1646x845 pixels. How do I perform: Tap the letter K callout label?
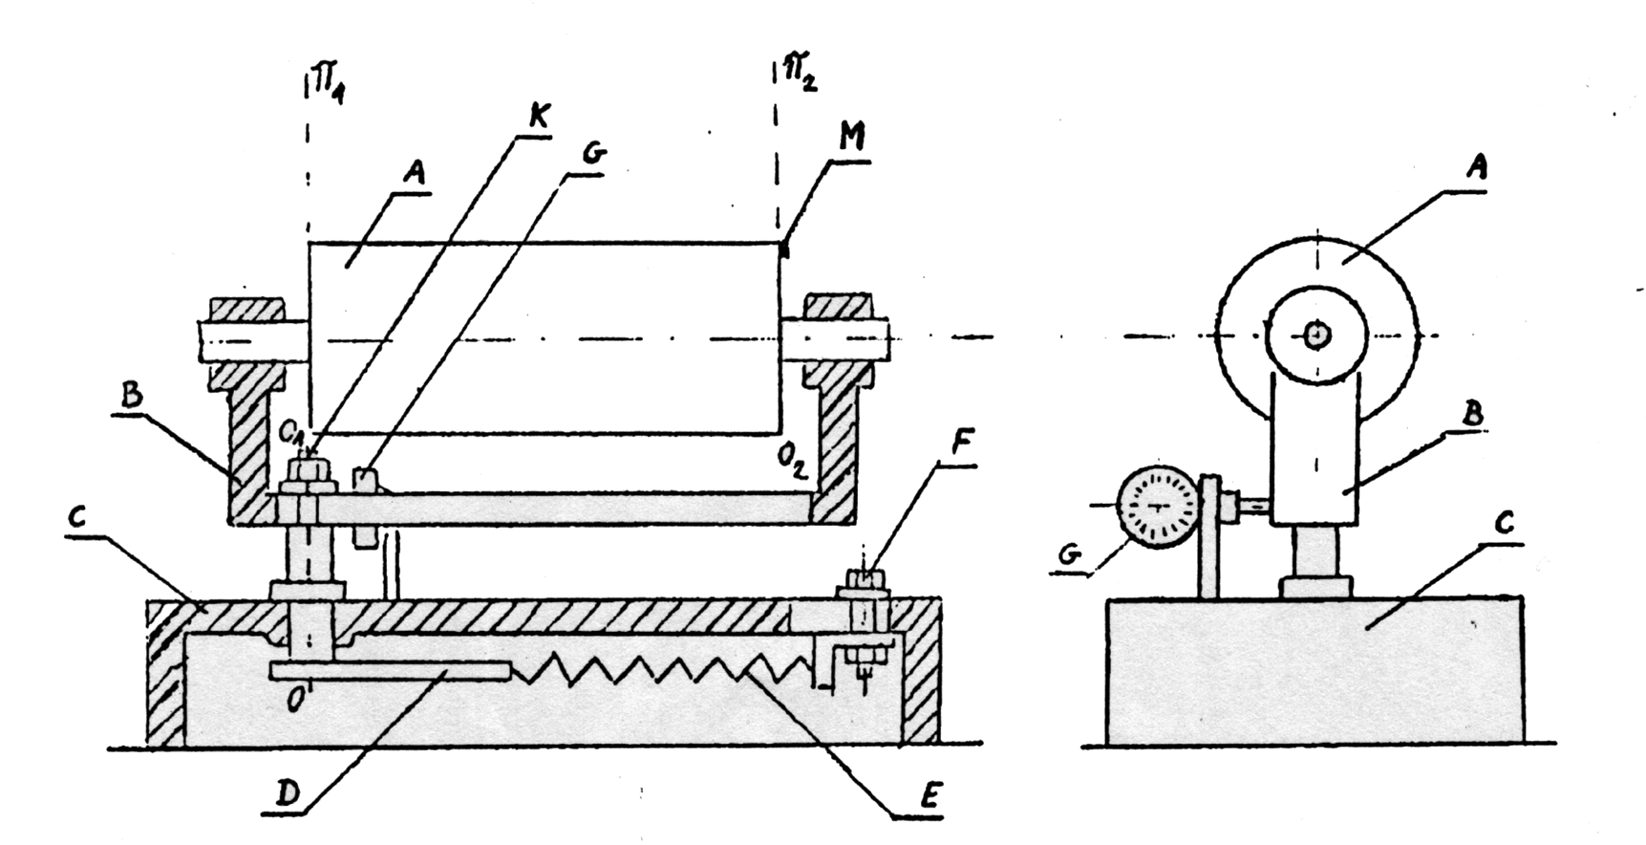click(x=538, y=119)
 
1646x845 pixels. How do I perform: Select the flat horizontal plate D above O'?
click(x=389, y=672)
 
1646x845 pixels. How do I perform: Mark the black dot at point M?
click(x=785, y=251)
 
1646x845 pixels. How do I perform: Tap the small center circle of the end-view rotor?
click(x=1317, y=335)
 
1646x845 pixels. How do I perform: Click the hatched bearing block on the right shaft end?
click(x=838, y=309)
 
